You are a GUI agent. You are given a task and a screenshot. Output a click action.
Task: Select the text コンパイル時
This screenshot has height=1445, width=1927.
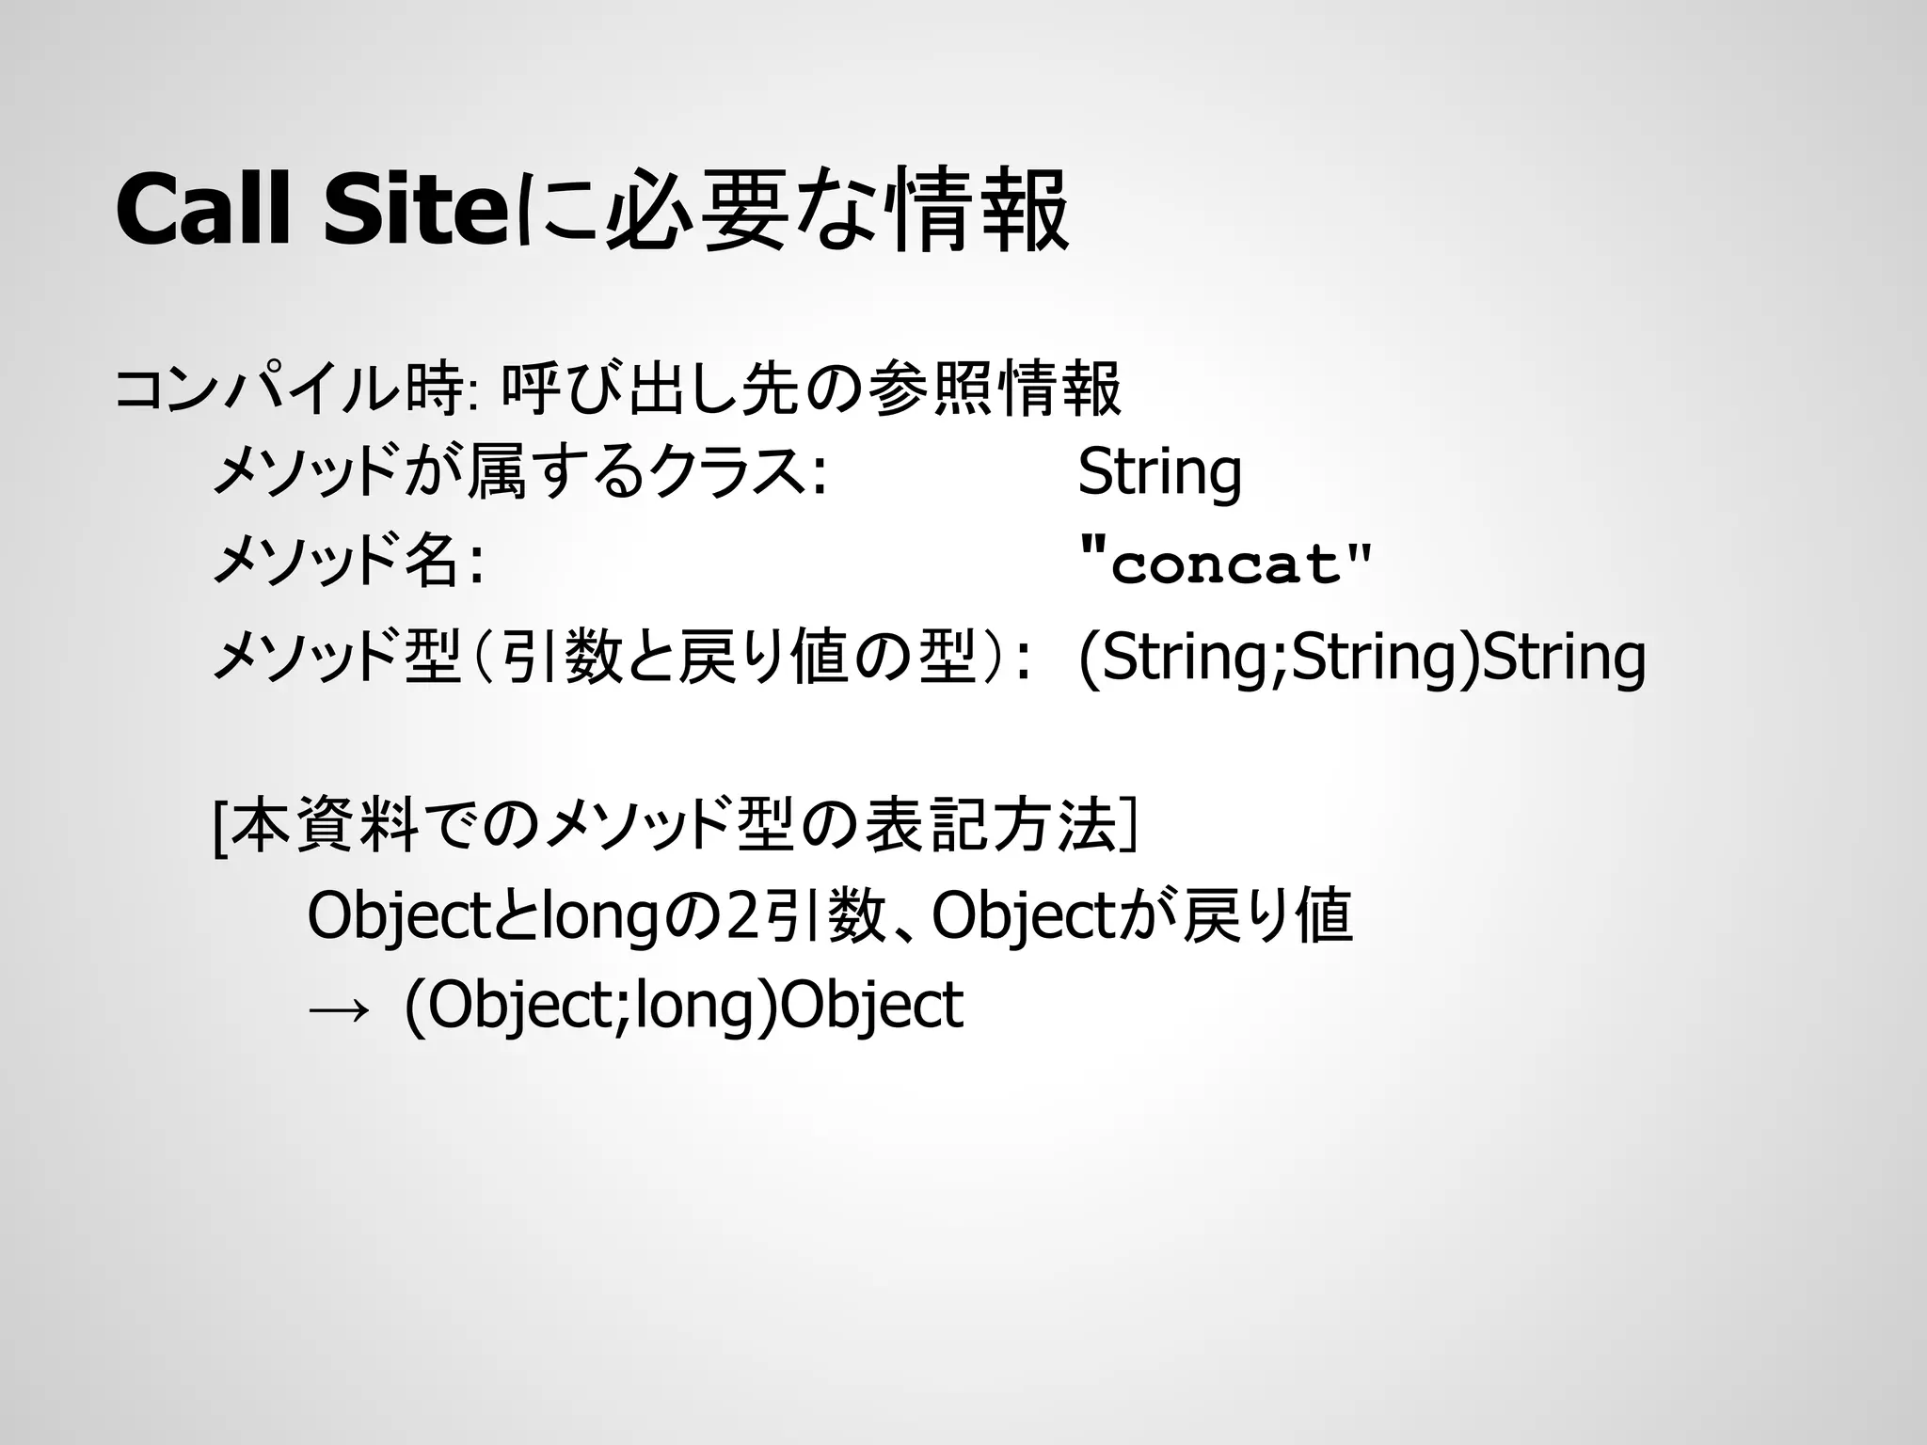tap(287, 389)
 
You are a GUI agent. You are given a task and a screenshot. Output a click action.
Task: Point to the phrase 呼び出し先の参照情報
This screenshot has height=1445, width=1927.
tap(811, 389)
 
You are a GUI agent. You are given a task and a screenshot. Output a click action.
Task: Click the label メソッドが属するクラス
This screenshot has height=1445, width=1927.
tap(518, 471)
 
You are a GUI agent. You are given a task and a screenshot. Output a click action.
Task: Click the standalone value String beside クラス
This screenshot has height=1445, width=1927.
tap(1159, 471)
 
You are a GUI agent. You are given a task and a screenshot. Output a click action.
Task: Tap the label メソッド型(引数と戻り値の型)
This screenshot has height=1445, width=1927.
tap(621, 656)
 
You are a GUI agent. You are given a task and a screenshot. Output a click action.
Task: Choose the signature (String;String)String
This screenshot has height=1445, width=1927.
tap(1361, 656)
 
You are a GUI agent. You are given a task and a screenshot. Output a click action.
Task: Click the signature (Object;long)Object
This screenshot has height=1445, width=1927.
tap(683, 1006)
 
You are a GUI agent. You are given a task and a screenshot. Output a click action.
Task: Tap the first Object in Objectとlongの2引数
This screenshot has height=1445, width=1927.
tap(395, 916)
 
